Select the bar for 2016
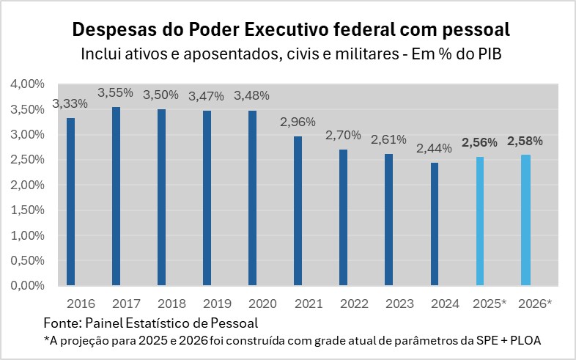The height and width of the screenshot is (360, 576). pos(70,202)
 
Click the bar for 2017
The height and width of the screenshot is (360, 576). pos(116,196)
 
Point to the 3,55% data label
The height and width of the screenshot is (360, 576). pos(116,92)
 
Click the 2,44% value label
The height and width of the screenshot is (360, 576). pos(435,148)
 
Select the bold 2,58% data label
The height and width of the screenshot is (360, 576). pos(525,141)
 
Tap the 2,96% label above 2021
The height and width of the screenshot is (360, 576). pos(298,122)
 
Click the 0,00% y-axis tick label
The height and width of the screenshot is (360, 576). pos(27,285)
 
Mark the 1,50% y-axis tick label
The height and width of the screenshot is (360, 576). pos(27,210)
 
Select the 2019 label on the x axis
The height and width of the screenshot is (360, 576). pos(207,303)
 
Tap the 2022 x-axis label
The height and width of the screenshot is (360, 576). pos(343,303)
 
